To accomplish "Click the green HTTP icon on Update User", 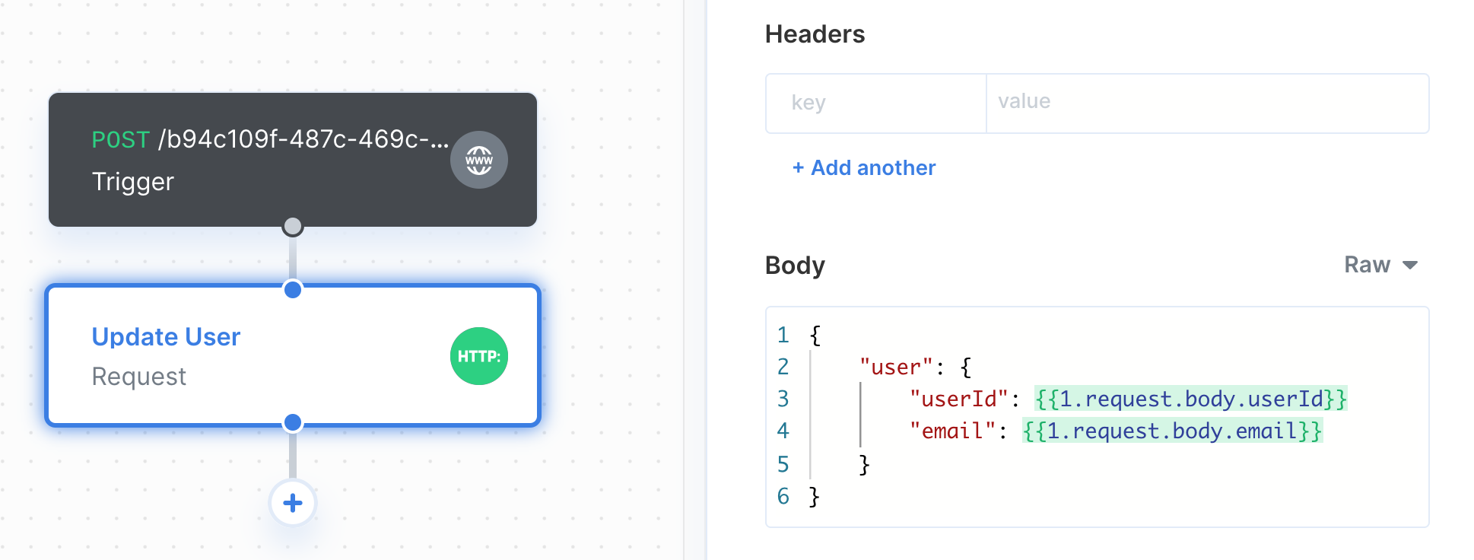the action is pos(479,356).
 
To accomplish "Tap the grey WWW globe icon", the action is pos(479,160).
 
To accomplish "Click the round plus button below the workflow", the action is pos(293,503).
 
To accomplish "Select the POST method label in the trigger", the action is pos(121,139).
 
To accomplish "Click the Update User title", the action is pos(166,336).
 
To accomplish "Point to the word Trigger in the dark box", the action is pos(133,182).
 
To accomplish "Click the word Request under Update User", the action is pos(139,377).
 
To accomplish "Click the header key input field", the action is pos(876,103).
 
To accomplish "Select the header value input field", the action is pos(1208,103).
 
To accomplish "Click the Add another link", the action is pos(864,167).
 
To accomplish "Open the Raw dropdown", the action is pos(1380,265).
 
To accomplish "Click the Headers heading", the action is pos(815,34).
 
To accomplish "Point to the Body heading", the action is pos(795,266).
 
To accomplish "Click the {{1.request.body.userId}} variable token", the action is pos(1191,399).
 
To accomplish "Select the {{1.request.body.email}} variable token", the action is pos(1172,431).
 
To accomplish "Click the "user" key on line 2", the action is pos(896,367).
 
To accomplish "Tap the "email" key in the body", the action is pos(952,431).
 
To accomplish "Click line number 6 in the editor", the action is pos(783,496).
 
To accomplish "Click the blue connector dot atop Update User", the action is pos(293,289).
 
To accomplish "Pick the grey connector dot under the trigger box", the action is pos(293,226).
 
